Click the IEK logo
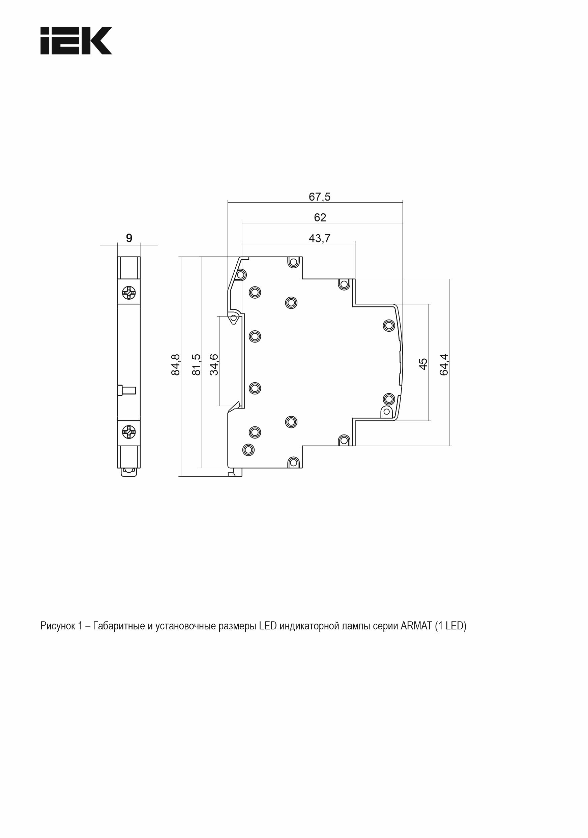click(76, 40)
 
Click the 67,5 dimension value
click(319, 197)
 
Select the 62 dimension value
click(320, 217)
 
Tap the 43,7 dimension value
click(319, 238)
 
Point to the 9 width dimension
click(129, 238)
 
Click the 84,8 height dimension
click(176, 364)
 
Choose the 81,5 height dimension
click(196, 364)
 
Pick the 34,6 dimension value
click(214, 364)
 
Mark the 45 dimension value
click(423, 364)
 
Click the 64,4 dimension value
click(443, 364)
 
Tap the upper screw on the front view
click(129, 292)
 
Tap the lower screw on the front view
click(129, 432)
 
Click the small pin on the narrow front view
click(127, 390)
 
